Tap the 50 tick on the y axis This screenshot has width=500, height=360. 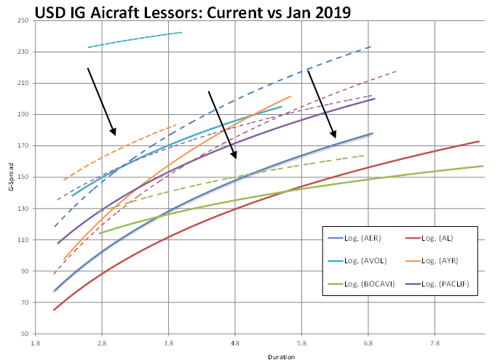point(23,334)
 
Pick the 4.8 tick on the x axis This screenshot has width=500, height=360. point(235,341)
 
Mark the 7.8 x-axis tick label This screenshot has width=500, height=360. point(434,341)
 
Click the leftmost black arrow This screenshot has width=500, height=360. point(101,101)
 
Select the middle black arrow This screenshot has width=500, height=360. point(222,124)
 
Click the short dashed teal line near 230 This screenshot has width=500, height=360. point(135,40)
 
